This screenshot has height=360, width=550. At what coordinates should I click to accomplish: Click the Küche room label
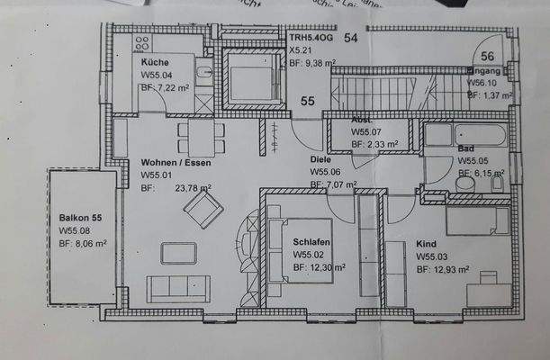point(154,62)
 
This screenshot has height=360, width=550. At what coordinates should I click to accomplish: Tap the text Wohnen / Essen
point(175,162)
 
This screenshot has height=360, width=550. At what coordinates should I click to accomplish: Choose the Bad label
point(465,148)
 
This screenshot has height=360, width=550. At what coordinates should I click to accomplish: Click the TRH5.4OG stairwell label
point(311,38)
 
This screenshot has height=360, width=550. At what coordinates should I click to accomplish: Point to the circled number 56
point(488,56)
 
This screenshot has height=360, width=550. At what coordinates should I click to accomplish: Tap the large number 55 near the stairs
point(308,102)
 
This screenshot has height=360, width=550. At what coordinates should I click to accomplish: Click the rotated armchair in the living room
point(203,210)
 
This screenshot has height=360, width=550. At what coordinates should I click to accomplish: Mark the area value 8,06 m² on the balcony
point(84,243)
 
